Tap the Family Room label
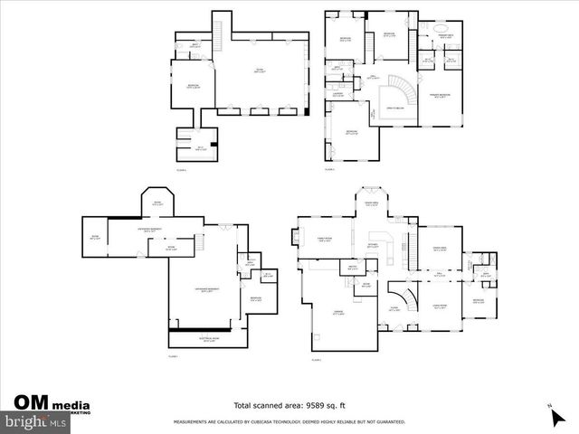click(324, 241)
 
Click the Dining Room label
click(441, 250)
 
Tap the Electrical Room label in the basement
click(208, 340)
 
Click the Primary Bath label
click(445, 35)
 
